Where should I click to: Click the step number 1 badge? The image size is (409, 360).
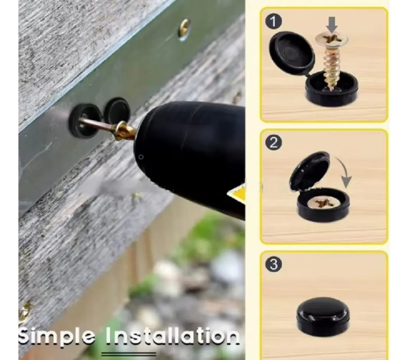274,21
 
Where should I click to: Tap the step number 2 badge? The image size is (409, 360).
274,142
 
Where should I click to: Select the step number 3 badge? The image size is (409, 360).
274,264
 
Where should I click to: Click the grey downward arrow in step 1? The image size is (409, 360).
332,25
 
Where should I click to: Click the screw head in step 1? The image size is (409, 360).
332,39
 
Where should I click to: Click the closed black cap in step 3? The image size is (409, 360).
323,316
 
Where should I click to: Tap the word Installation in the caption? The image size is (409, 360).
172,336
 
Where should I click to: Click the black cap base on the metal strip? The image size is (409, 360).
84,120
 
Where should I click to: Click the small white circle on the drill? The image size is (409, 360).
141,157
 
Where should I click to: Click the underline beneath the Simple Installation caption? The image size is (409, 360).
129,354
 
